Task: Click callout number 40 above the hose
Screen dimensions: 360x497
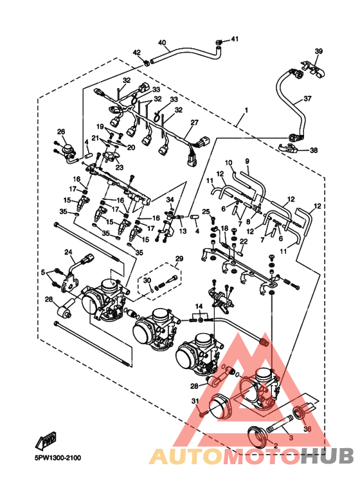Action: [x=161, y=42]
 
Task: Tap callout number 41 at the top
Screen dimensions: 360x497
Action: [x=234, y=39]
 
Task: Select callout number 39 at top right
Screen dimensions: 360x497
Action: [x=318, y=51]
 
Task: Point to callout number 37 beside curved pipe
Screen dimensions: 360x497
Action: [x=307, y=98]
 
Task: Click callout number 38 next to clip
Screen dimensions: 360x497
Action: [x=314, y=150]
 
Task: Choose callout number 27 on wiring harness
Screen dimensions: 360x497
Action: [x=194, y=122]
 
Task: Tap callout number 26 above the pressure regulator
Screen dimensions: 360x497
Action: [x=61, y=131]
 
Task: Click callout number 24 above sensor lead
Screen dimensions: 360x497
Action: [x=68, y=252]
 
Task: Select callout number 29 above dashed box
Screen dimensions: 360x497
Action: [x=179, y=258]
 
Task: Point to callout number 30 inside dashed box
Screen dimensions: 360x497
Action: [x=147, y=280]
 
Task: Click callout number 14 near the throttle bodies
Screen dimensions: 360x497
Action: [x=199, y=306]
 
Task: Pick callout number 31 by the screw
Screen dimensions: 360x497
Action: [x=195, y=401]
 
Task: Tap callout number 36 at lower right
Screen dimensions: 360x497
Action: [x=307, y=429]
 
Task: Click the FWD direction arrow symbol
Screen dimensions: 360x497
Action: [x=46, y=441]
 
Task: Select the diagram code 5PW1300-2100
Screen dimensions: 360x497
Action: [x=58, y=458]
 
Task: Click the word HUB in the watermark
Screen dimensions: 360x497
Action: [x=327, y=456]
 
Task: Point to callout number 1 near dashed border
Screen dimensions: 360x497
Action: [x=246, y=111]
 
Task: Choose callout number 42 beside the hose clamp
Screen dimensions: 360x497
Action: [x=136, y=52]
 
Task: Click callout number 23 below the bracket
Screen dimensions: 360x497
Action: [x=120, y=167]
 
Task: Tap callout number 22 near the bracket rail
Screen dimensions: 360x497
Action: [x=244, y=241]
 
